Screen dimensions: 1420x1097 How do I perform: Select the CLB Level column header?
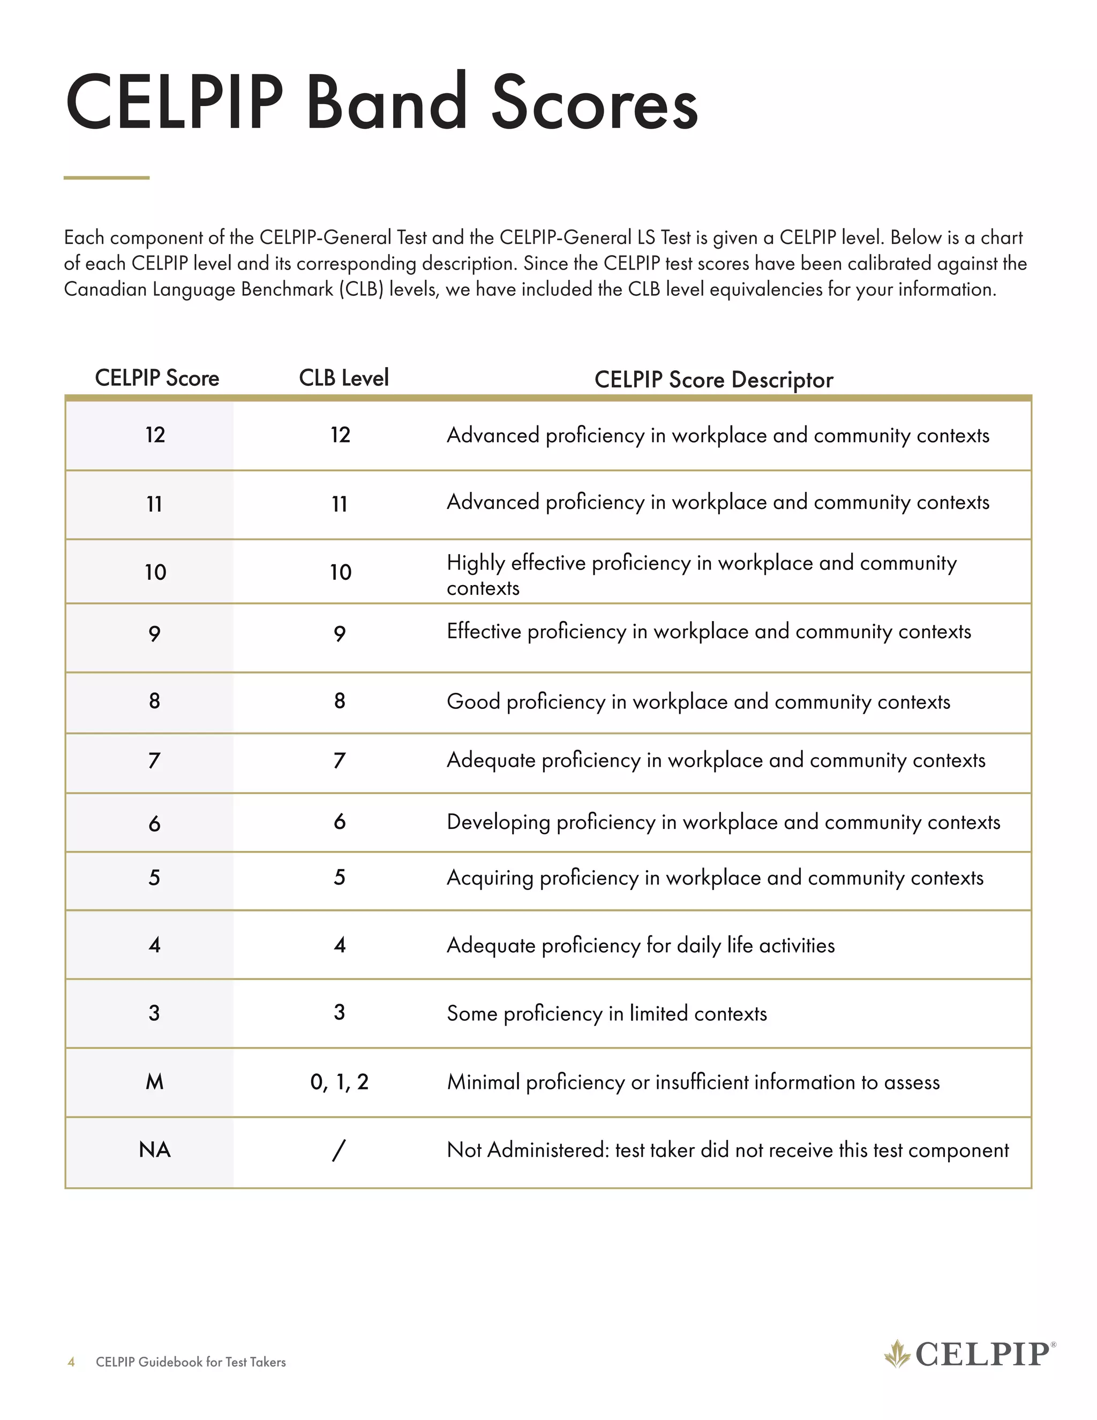pyautogui.click(x=343, y=378)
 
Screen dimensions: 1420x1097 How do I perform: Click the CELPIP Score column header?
pyautogui.click(x=156, y=378)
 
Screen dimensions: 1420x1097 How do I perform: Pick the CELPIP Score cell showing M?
pyautogui.click(x=155, y=1082)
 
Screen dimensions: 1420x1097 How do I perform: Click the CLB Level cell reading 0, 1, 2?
pyautogui.click(x=339, y=1082)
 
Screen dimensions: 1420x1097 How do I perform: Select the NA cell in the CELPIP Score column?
pyautogui.click(x=155, y=1149)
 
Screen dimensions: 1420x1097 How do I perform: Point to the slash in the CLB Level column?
pyautogui.click(x=339, y=1149)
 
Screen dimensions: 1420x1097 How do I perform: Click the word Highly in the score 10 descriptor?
pyautogui.click(x=475, y=563)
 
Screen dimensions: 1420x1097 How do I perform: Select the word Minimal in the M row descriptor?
pyautogui.click(x=483, y=1082)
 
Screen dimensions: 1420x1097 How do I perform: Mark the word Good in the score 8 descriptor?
pyautogui.click(x=472, y=701)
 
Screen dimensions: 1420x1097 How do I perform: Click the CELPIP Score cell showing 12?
pyautogui.click(x=155, y=435)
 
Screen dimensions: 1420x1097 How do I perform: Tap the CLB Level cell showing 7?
pyautogui.click(x=339, y=760)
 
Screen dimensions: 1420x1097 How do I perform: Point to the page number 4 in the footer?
pyautogui.click(x=71, y=1362)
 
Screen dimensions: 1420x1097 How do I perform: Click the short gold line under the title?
pyautogui.click(x=107, y=177)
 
